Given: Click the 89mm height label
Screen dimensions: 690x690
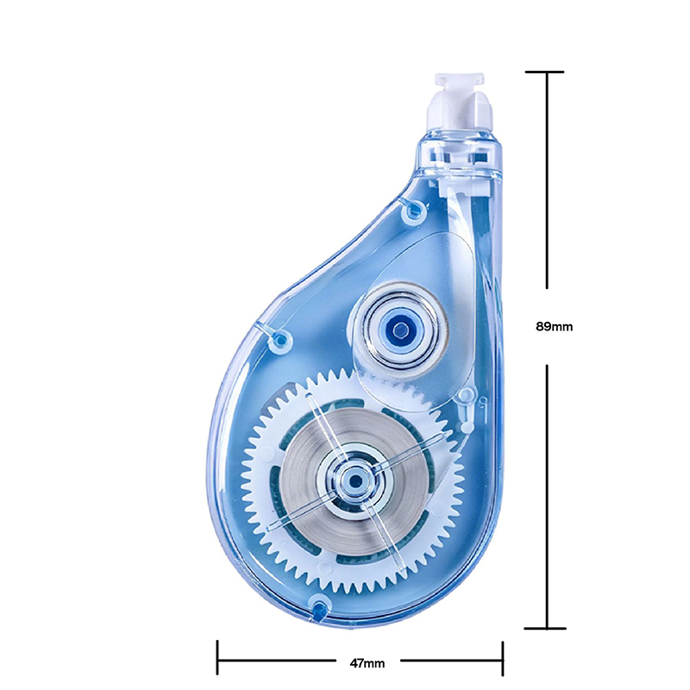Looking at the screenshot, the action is click(554, 327).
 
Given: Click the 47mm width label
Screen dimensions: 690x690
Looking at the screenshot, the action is click(367, 662).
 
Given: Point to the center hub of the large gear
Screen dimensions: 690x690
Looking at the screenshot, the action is click(354, 480).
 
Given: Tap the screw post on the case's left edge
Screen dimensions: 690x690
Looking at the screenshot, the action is click(280, 339).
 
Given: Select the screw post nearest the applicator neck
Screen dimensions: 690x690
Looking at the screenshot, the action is click(414, 210).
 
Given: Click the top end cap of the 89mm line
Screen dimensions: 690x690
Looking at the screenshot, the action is click(544, 72).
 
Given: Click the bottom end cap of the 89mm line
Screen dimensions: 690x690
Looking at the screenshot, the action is click(545, 628).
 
